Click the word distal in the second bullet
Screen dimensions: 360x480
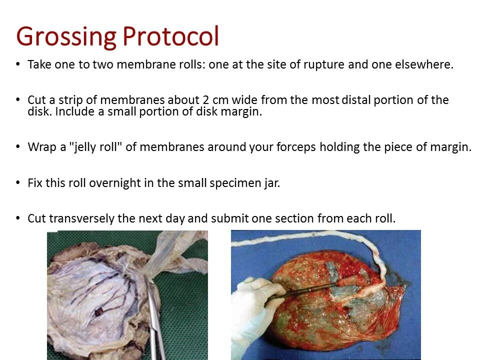[x=355, y=99]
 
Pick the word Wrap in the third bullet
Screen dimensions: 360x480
[x=41, y=147]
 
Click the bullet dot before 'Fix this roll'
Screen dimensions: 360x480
[x=18, y=182]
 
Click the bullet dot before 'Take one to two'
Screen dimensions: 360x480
[x=18, y=64]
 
